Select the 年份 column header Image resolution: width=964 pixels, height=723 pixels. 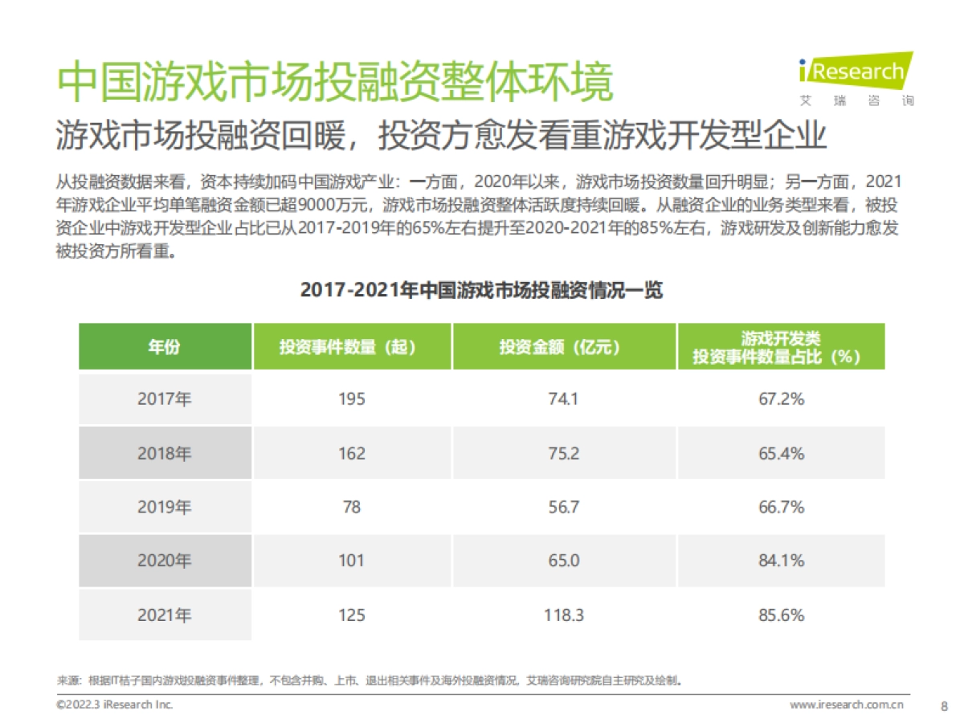(165, 347)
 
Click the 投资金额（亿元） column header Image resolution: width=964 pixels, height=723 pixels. (564, 347)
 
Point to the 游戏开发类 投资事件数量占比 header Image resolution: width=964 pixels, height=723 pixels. (781, 347)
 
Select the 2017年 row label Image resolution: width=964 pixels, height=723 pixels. (165, 398)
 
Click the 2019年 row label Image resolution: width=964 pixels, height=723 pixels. (165, 507)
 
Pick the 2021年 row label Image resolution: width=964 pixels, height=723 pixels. (165, 615)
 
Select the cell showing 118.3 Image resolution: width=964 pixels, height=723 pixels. (564, 615)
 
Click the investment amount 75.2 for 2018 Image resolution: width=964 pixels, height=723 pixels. (564, 453)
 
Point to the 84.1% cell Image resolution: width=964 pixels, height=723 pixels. (781, 561)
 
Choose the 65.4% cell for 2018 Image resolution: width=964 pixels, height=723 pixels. (781, 453)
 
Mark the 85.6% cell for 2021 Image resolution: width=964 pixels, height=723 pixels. (781, 615)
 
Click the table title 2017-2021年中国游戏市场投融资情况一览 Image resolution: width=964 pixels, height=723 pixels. (481, 290)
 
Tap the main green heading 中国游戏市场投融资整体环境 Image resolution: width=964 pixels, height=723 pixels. (337, 81)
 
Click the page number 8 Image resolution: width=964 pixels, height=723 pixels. (943, 705)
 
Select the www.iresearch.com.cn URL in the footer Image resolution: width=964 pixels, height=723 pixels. (848, 705)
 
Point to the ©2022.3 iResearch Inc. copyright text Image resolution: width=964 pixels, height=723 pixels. (115, 705)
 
